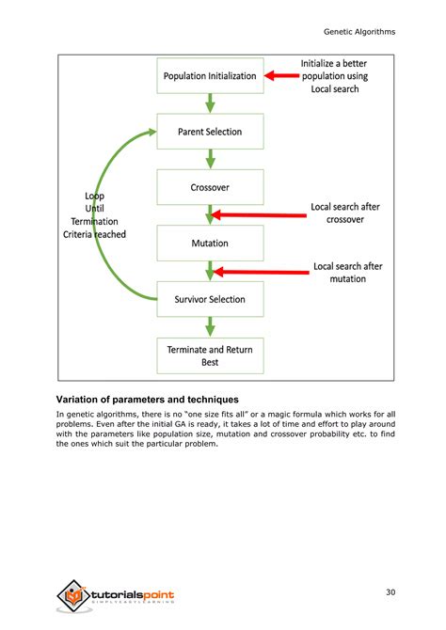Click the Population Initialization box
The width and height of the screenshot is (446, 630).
click(x=210, y=76)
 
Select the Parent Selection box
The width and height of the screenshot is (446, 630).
click(x=210, y=132)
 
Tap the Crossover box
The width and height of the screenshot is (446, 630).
click(x=210, y=187)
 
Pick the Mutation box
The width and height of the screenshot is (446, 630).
click(x=210, y=243)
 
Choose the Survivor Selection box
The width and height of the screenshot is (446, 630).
click(x=210, y=299)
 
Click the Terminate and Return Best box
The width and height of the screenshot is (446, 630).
click(x=210, y=354)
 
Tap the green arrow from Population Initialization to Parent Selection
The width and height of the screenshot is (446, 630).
click(x=211, y=103)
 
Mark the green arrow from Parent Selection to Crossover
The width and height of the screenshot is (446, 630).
click(x=211, y=159)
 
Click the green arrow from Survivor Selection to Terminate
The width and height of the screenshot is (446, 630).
click(x=211, y=326)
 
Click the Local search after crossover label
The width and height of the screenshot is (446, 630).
click(x=345, y=213)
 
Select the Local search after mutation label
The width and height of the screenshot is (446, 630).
click(x=347, y=273)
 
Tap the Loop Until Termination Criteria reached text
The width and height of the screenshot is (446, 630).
click(x=94, y=214)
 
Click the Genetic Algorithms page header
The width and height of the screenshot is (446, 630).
click(x=358, y=31)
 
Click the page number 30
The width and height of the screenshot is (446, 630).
click(x=390, y=591)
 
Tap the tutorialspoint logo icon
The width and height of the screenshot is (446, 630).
click(x=72, y=595)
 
